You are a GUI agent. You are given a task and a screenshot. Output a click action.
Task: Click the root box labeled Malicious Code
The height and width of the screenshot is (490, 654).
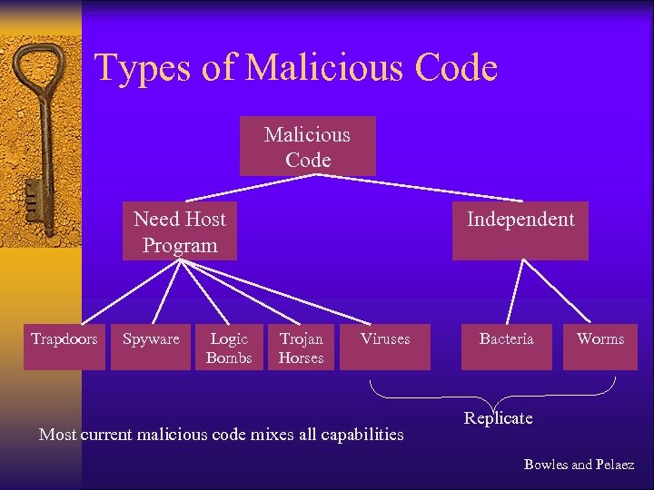click(x=307, y=146)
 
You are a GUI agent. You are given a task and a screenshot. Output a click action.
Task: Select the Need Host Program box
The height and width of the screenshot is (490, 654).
click(x=180, y=231)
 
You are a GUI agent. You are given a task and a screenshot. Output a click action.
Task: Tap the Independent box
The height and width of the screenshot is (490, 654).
click(x=520, y=230)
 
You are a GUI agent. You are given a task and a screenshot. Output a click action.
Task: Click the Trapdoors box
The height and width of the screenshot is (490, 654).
click(x=64, y=346)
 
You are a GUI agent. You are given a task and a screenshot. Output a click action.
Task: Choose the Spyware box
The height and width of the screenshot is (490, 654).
click(x=151, y=346)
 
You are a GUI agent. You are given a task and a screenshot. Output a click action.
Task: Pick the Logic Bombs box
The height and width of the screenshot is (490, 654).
click(x=229, y=347)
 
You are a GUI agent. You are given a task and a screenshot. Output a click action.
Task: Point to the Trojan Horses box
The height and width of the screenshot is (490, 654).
click(x=302, y=347)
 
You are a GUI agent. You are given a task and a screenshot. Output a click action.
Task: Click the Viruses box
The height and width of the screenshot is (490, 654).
click(x=385, y=346)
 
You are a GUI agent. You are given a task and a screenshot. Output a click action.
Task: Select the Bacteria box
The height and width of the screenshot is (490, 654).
click(x=507, y=346)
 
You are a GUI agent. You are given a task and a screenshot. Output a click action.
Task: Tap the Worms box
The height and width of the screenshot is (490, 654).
click(x=600, y=346)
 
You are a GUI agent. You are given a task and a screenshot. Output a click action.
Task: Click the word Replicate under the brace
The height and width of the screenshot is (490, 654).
click(x=498, y=418)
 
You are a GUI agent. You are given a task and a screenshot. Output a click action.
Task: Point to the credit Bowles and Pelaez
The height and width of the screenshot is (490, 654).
click(x=579, y=465)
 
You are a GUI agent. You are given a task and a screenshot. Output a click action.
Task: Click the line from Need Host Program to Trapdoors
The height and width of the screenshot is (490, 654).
click(x=123, y=290)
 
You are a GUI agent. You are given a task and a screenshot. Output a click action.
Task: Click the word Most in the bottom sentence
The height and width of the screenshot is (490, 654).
click(x=57, y=435)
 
